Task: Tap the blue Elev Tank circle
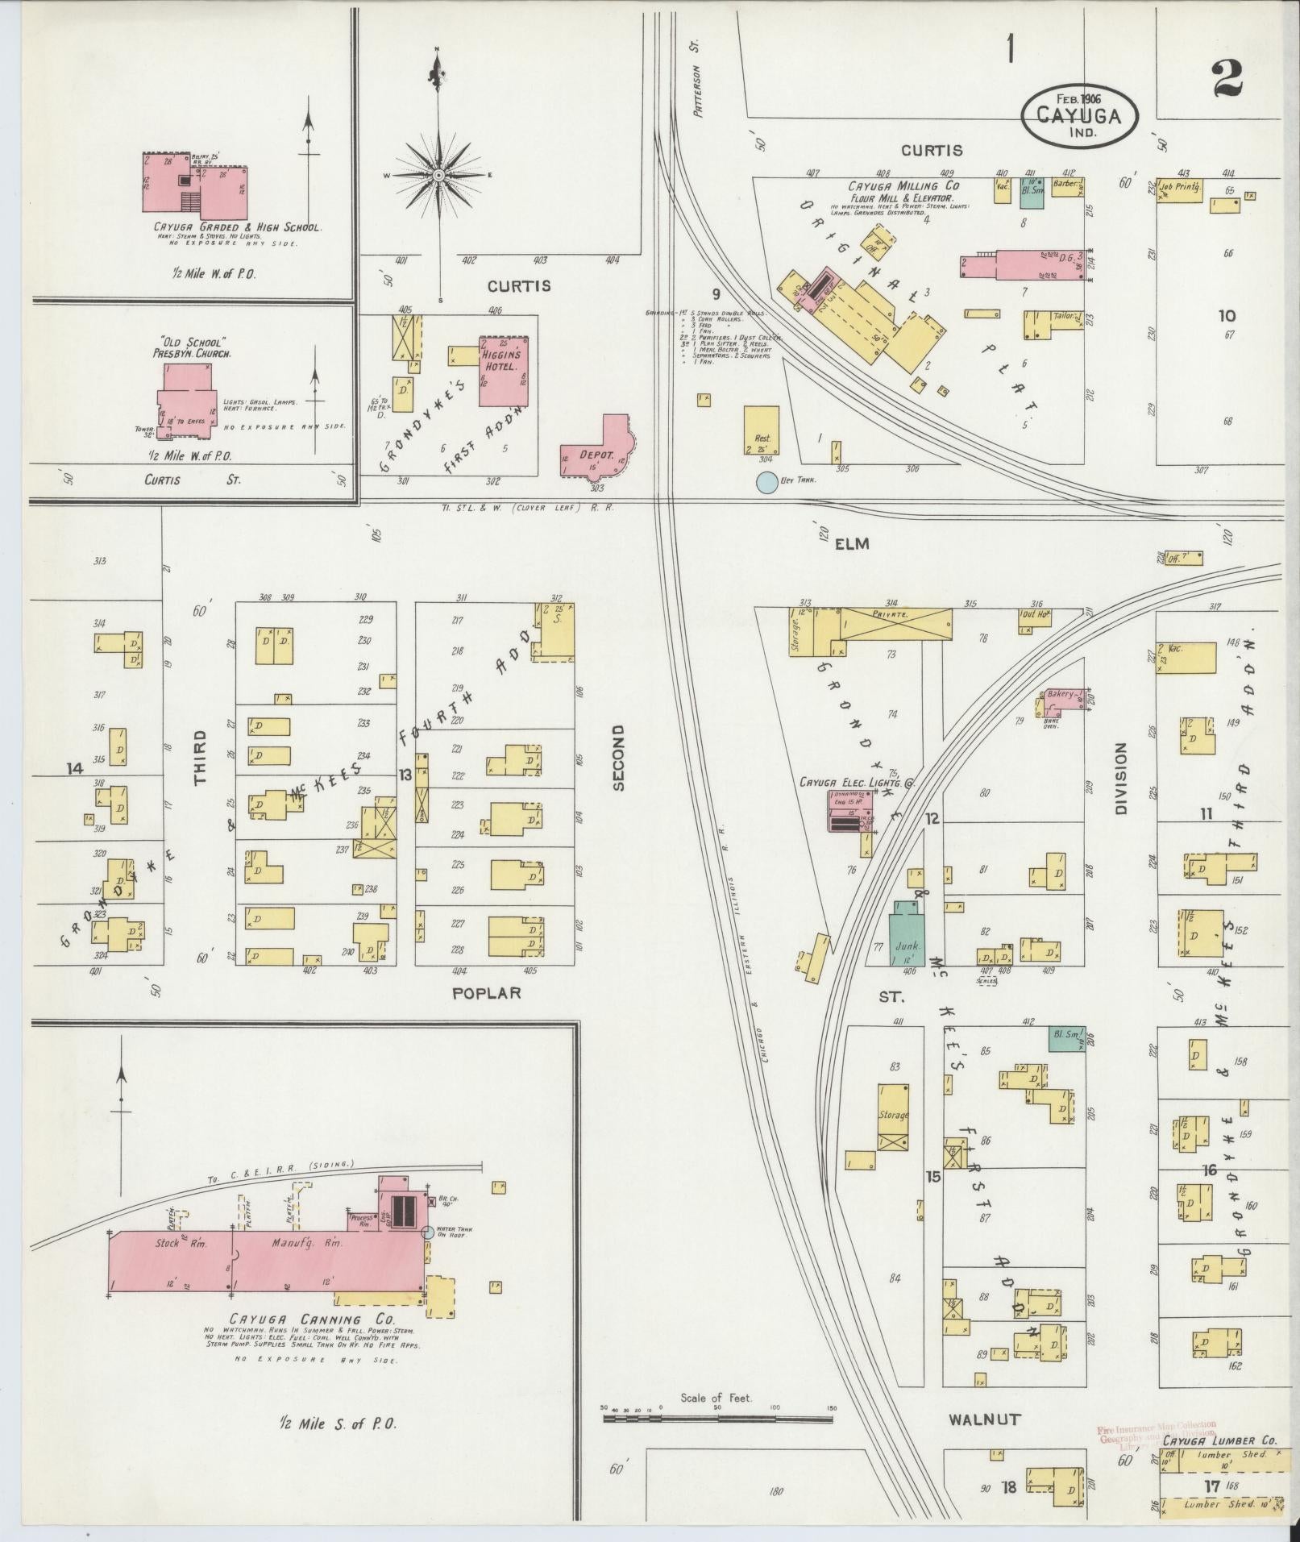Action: point(766,482)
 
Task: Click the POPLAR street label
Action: point(486,992)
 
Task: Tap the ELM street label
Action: point(852,544)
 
